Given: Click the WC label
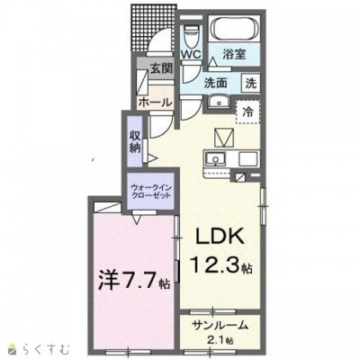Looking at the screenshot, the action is pos(191,54).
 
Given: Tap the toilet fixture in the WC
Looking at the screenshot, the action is pos(191,33).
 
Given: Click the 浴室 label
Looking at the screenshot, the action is pos(234,54).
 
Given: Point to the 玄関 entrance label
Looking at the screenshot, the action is pos(161,69).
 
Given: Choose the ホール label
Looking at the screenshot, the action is pos(155,103).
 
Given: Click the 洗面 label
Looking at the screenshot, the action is pos(216,83).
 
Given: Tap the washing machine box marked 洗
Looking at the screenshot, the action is pos(251,83).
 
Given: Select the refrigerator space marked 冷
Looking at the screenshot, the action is pos(247,112).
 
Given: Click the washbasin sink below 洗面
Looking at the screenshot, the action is pos(218,103).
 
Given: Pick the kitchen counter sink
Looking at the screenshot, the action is pos(215,158).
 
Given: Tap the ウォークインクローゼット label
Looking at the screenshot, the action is pos(150,191).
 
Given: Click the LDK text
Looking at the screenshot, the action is pos(220,236).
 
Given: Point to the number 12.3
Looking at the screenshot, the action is pos(216,265).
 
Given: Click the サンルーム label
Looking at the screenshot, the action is pos(220,325).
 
